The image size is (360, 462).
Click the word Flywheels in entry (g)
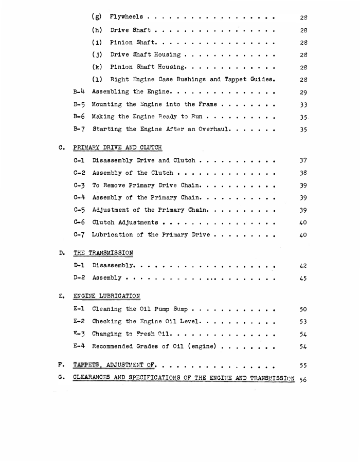(127, 17)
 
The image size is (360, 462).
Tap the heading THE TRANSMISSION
(103, 253)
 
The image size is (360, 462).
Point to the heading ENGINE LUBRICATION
(106, 296)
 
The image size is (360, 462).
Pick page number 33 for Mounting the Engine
(303, 105)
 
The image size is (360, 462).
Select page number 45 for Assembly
(303, 278)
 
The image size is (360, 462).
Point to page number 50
(303, 309)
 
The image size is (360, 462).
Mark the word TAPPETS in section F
(84, 365)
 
